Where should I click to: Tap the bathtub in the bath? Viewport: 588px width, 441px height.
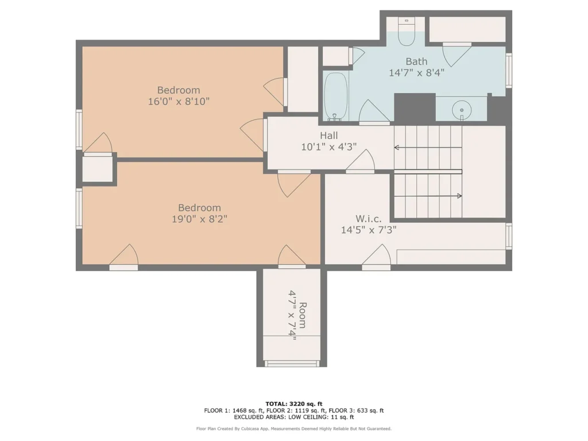pyautogui.click(x=336, y=96)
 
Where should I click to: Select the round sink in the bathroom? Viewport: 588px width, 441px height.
pyautogui.click(x=462, y=110)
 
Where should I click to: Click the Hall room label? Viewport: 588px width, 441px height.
pyautogui.click(x=329, y=136)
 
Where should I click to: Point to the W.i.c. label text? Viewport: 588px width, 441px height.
pyautogui.click(x=368, y=219)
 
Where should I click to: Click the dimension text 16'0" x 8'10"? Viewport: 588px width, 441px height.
pyautogui.click(x=179, y=101)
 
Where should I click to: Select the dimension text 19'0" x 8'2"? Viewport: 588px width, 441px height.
pyautogui.click(x=199, y=219)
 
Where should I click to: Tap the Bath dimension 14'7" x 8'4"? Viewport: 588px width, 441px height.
pyautogui.click(x=417, y=72)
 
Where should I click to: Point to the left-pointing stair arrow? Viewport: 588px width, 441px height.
pyautogui.click(x=428, y=148)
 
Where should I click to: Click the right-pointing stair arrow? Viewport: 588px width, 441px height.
pyautogui.click(x=428, y=196)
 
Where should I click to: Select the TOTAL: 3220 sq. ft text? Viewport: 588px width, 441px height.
pyautogui.click(x=294, y=404)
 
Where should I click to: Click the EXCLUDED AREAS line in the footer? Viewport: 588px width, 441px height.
pyautogui.click(x=294, y=417)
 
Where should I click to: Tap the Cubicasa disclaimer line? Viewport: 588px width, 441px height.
pyautogui.click(x=294, y=428)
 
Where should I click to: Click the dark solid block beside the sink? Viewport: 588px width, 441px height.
pyautogui.click(x=415, y=107)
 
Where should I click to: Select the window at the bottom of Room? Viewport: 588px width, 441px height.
pyautogui.click(x=292, y=363)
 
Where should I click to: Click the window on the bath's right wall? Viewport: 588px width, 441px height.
pyautogui.click(x=509, y=71)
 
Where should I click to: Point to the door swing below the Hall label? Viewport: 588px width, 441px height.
pyautogui.click(x=361, y=161)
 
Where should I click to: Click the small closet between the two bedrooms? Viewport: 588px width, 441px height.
pyautogui.click(x=98, y=169)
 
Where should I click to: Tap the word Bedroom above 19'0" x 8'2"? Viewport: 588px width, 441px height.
pyautogui.click(x=199, y=208)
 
